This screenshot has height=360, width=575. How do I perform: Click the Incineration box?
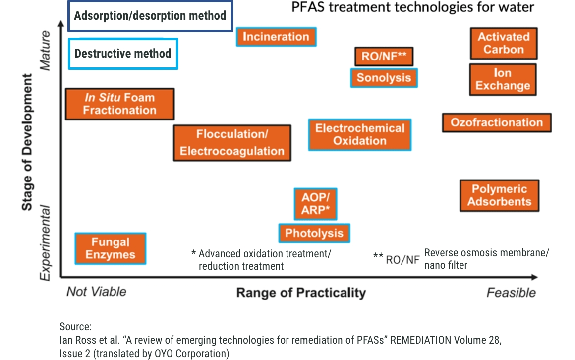point(276,37)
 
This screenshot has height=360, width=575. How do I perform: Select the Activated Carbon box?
point(504,43)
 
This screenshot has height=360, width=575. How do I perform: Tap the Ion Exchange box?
point(503,79)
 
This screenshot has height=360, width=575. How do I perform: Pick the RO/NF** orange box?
point(384,57)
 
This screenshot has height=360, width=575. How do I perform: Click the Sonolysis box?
point(384,78)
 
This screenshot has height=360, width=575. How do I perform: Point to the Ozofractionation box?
point(497,122)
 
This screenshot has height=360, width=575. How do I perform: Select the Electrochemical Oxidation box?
point(360,134)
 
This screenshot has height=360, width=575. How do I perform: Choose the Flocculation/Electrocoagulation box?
point(232,143)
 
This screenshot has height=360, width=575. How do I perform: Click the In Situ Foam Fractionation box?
point(119,104)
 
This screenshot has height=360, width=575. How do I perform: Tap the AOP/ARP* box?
point(315,204)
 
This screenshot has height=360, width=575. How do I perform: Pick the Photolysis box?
point(314,233)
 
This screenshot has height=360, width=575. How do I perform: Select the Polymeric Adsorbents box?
point(499,195)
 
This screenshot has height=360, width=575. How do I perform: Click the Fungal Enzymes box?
point(110,248)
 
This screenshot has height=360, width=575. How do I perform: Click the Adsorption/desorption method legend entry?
point(150,16)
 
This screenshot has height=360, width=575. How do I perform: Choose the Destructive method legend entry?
point(123,54)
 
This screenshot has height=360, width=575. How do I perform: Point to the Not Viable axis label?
point(96,291)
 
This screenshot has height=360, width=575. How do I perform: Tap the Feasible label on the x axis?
point(511,292)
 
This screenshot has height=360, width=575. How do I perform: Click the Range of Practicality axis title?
point(301,292)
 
